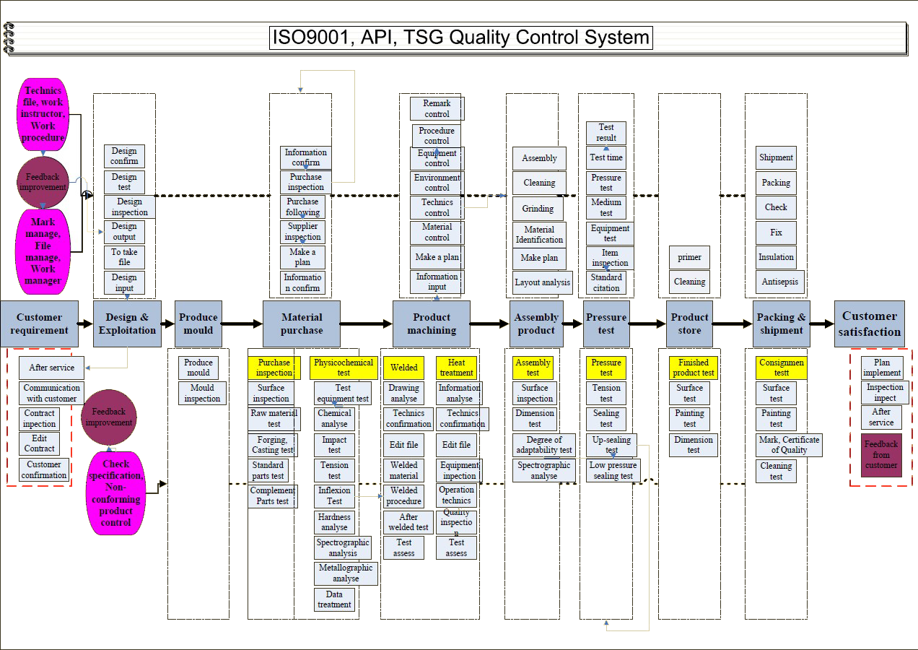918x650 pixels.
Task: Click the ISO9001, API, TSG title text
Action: click(x=460, y=38)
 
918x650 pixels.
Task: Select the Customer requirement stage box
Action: click(x=40, y=324)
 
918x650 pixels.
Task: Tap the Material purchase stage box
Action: click(x=302, y=324)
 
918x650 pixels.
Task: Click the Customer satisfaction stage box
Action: click(x=870, y=324)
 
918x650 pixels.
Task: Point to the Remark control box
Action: click(x=437, y=108)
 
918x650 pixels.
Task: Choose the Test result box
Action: click(x=606, y=132)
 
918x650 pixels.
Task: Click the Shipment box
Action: click(x=776, y=157)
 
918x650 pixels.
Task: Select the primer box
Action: click(x=689, y=257)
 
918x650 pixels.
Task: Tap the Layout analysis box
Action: click(x=543, y=282)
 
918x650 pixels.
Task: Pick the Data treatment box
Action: click(x=334, y=599)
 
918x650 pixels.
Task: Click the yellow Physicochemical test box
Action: click(x=344, y=368)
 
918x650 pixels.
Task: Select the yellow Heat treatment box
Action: click(x=457, y=368)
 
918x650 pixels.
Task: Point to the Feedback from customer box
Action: click(x=881, y=455)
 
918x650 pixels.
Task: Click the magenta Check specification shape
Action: click(x=116, y=493)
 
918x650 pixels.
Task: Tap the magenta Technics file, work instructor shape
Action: click(x=43, y=114)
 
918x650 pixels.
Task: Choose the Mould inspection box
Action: click(x=202, y=393)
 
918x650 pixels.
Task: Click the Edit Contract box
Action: click(x=40, y=443)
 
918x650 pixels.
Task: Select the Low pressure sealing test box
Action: click(x=613, y=470)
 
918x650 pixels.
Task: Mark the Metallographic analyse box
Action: click(x=346, y=573)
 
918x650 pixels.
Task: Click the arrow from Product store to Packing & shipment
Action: click(x=733, y=324)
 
